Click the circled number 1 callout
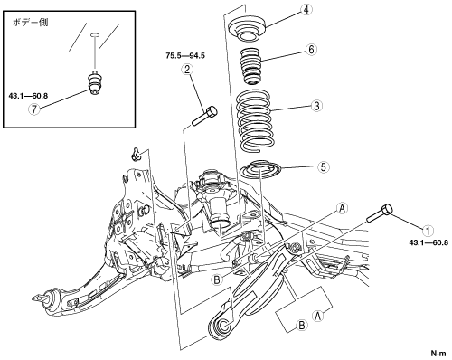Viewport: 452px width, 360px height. click(x=428, y=231)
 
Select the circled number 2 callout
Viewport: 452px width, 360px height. click(x=187, y=70)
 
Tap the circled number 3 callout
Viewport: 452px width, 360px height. click(x=317, y=106)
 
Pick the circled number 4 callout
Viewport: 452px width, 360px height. click(x=306, y=10)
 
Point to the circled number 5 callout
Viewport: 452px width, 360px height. click(x=324, y=167)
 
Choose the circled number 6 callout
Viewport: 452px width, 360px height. click(x=311, y=50)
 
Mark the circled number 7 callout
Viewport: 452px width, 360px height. click(x=34, y=109)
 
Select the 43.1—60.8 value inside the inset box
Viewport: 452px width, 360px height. click(x=28, y=96)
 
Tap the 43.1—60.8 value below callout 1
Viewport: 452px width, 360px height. click(x=428, y=242)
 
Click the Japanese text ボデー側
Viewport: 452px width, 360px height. click(x=30, y=23)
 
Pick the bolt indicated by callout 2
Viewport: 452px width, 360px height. click(x=204, y=116)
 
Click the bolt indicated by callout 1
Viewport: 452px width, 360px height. click(x=380, y=213)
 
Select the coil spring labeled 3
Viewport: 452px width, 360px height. click(x=256, y=120)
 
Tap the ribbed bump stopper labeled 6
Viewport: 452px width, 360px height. click(x=251, y=67)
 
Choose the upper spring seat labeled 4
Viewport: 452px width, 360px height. click(x=247, y=29)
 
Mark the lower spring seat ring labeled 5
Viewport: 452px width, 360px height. click(x=259, y=169)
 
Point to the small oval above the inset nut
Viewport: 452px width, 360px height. click(x=95, y=35)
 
